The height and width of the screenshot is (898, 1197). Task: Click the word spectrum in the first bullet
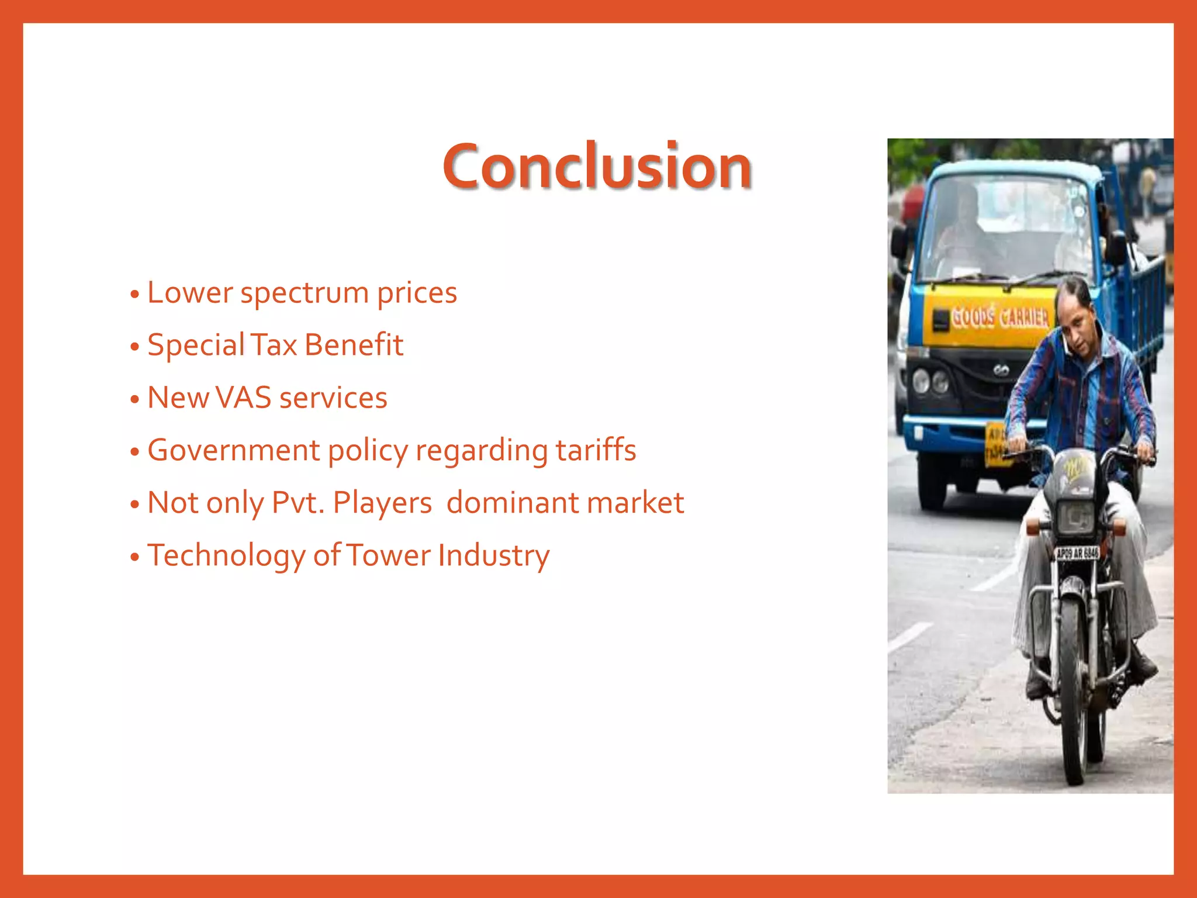(x=304, y=293)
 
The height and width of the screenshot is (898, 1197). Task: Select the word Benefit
(x=354, y=345)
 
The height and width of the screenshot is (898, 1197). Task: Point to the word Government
(x=234, y=450)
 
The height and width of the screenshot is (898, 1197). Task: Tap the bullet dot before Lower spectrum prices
(x=135, y=294)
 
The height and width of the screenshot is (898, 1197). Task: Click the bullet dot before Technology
(x=135, y=557)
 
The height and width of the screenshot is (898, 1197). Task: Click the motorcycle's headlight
(x=1075, y=516)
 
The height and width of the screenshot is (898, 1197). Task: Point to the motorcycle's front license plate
(x=1077, y=553)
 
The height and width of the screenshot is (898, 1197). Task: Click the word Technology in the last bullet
(x=226, y=556)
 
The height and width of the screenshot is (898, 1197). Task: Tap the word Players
(x=382, y=503)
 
